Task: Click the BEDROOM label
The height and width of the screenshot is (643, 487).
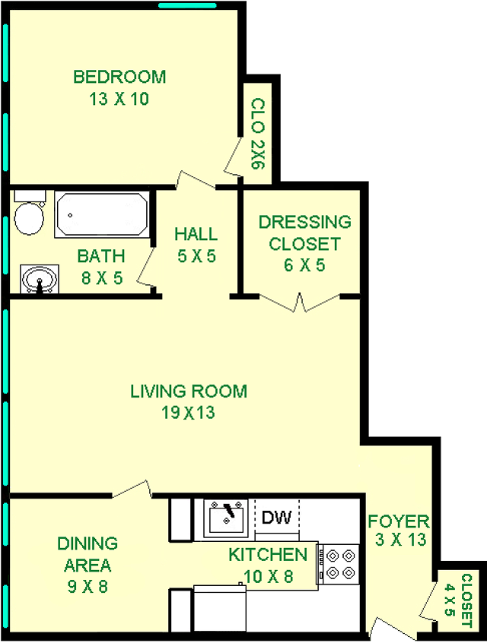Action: pos(119,77)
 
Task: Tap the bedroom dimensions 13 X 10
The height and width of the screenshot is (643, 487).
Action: pos(119,99)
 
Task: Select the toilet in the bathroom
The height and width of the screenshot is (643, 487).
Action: pos(29,212)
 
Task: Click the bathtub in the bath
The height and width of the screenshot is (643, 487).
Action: pos(101,214)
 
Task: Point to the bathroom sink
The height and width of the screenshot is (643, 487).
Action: pos(40,279)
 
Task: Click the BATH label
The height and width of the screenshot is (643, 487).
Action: pos(101,256)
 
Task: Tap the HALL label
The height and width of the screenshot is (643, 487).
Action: pos(196,234)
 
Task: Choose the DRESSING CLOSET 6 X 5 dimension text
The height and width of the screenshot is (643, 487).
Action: pos(304,265)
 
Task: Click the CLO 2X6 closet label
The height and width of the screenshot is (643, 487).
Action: pos(258,133)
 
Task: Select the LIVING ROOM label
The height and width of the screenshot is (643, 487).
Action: pos(189,391)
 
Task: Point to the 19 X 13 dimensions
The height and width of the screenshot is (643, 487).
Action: pos(188,413)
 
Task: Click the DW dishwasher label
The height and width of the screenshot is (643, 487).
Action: pos(276,518)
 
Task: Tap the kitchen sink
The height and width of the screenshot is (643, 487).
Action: pos(226,518)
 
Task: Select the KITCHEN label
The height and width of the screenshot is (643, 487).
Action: pos(268,555)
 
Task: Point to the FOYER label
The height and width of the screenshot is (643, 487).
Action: pos(398,521)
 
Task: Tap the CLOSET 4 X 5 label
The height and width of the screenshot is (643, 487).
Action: pos(459,600)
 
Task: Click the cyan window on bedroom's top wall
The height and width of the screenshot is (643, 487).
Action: pos(187,5)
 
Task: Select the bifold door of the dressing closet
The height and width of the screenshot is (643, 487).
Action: pos(300,302)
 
